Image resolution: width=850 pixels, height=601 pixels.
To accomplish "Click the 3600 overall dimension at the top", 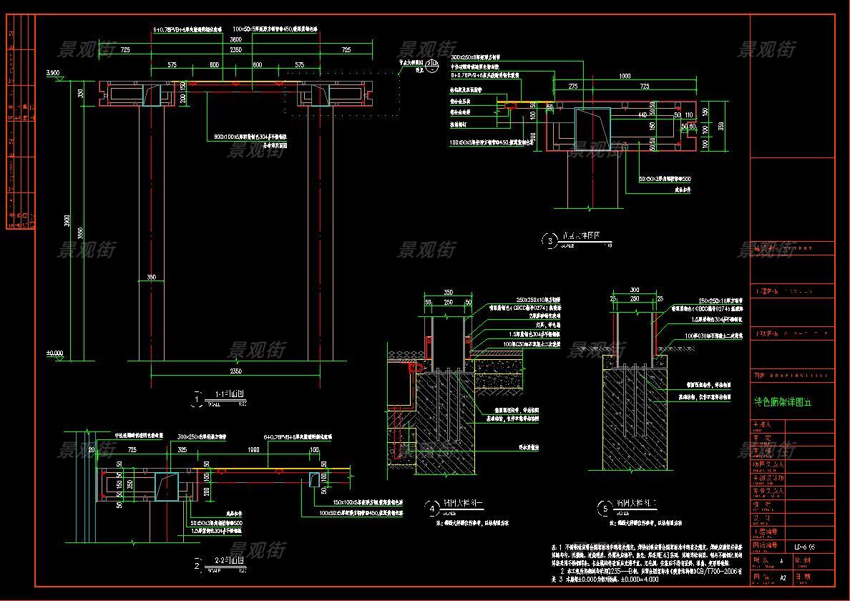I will tap(235, 40).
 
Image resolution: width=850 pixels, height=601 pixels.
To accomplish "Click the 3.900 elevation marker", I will tap(52, 73).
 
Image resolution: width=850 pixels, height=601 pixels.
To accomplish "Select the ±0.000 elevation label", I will tap(54, 353).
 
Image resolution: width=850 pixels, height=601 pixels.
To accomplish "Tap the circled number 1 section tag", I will tap(198, 398).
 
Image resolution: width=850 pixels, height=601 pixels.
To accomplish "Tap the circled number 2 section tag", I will tap(198, 565).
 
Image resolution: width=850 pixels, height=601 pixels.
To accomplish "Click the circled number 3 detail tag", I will tap(549, 241).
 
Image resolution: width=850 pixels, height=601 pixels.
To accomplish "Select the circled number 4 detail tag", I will tap(432, 509).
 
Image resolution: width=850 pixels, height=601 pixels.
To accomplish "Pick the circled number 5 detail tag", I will tap(605, 509).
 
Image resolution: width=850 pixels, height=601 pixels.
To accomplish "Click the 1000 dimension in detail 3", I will tap(625, 76).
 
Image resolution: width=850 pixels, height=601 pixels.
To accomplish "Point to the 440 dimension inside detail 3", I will tap(642, 114).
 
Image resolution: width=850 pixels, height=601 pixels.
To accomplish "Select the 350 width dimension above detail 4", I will tap(449, 293).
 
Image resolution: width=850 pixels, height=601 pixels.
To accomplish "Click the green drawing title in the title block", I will tap(783, 402).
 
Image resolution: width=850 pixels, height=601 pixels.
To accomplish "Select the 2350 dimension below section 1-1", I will tap(235, 371).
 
